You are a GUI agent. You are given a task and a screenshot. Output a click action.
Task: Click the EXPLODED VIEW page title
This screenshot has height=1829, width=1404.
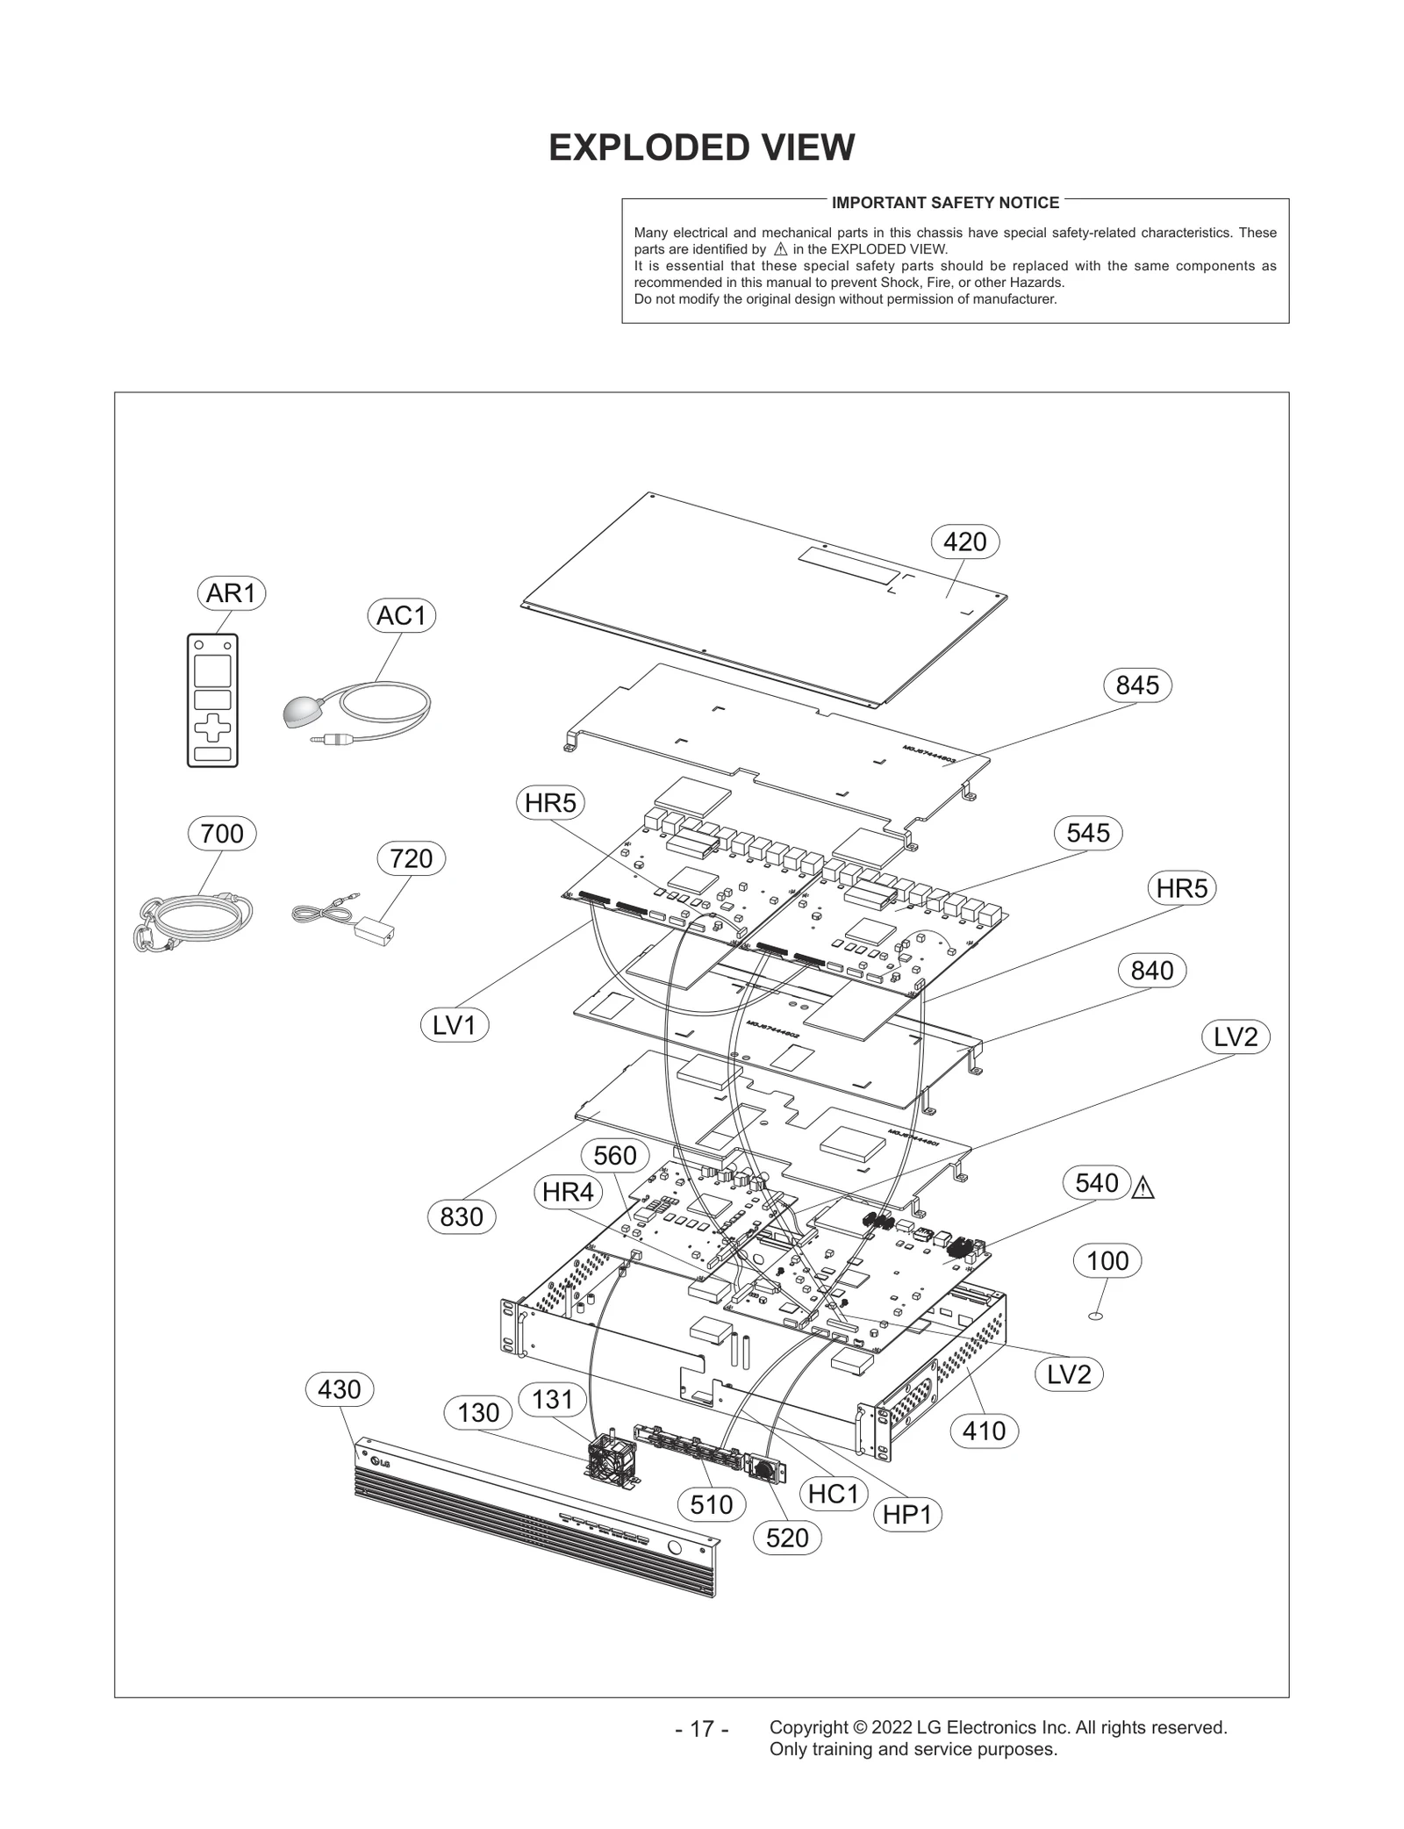701,147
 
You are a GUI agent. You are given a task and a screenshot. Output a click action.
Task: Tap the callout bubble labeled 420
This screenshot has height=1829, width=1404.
964,542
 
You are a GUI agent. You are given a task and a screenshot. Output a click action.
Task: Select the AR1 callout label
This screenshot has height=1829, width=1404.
231,593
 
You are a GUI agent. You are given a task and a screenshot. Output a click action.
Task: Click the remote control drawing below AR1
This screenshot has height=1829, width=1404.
212,699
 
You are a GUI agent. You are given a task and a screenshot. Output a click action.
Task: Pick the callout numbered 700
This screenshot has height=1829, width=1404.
222,833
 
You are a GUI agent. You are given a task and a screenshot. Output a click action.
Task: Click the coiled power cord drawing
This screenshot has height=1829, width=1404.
193,920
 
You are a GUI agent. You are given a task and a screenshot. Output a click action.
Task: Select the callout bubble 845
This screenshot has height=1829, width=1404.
1137,685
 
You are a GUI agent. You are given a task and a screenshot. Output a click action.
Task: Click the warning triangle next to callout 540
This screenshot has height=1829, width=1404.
1143,1190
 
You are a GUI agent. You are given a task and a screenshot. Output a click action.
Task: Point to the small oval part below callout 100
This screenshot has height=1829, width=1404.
1095,1316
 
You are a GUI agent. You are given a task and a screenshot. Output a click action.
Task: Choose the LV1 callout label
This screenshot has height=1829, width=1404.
454,1025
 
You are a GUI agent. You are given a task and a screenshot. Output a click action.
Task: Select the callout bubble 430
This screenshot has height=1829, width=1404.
339,1389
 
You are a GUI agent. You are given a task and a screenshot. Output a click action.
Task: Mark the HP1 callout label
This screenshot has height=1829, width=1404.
907,1515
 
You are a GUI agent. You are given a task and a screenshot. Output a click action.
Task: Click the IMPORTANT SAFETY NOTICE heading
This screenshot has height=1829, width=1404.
945,203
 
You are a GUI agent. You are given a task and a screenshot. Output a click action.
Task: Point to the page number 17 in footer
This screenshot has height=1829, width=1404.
702,1729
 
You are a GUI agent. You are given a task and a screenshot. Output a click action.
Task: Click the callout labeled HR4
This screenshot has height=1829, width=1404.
568,1192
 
